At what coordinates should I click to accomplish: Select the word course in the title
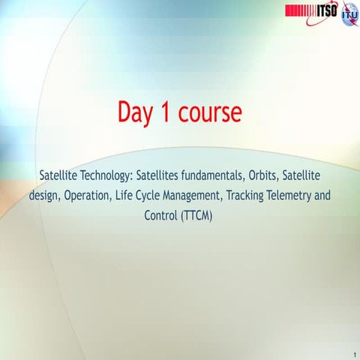(x=211, y=112)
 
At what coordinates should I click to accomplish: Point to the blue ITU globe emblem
(x=349, y=14)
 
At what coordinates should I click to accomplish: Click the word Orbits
(x=277, y=176)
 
